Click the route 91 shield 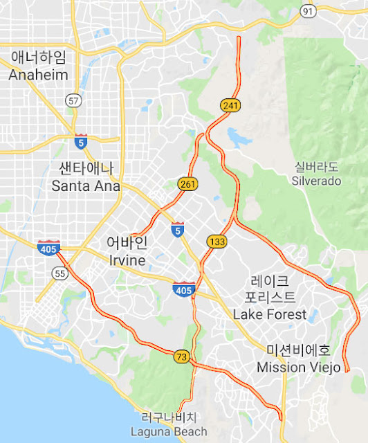point(307,10)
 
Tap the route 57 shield point(73,100)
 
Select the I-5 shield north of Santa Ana point(81,141)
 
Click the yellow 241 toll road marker point(230,105)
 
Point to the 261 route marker point(187,184)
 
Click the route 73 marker point(183,356)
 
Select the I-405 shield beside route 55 point(48,247)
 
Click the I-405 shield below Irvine point(183,289)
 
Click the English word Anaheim point(39,75)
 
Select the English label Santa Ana point(86,186)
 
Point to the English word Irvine point(127,260)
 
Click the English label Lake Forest point(270,314)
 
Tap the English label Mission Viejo point(299,367)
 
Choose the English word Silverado point(318,181)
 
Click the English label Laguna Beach point(169,431)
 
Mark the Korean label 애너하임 point(39,57)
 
